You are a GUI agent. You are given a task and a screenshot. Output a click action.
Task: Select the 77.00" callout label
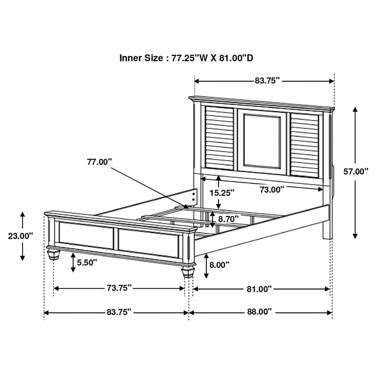coord(99,161)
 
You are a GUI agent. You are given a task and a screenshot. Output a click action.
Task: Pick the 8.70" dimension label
coord(229,219)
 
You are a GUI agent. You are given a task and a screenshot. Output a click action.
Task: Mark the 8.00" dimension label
coord(219,264)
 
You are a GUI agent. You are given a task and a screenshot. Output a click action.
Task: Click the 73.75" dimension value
coord(119,288)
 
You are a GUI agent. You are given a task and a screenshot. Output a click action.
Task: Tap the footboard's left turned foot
coord(52,254)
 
